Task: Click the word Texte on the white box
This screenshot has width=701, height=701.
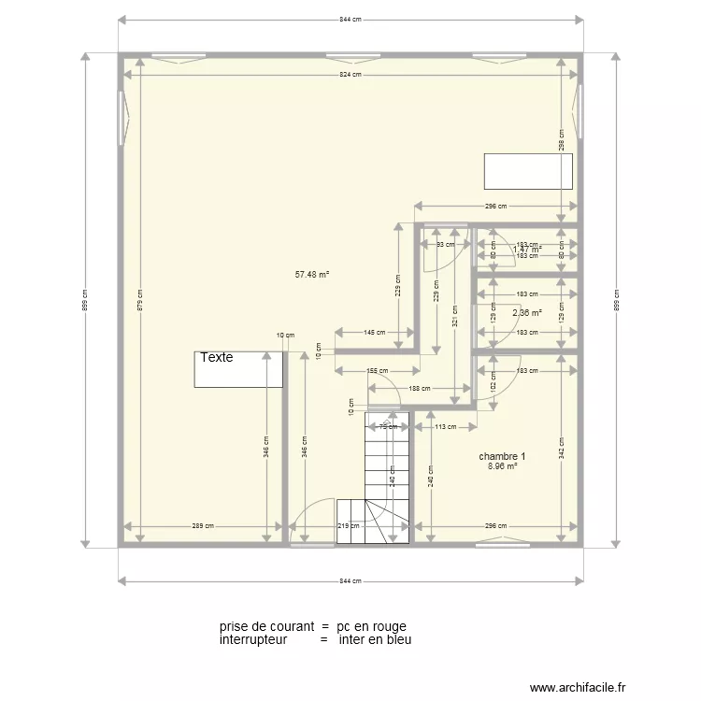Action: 216,358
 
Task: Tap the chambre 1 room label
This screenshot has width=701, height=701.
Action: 502,457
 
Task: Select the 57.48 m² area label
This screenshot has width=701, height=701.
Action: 312,275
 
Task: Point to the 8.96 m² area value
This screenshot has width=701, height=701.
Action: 502,466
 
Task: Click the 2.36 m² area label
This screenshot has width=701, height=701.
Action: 527,314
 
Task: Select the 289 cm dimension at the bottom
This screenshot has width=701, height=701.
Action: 203,526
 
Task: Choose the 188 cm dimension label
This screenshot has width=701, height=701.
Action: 420,389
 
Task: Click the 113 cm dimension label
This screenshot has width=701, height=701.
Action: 445,427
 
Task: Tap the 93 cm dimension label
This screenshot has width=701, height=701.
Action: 445,245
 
